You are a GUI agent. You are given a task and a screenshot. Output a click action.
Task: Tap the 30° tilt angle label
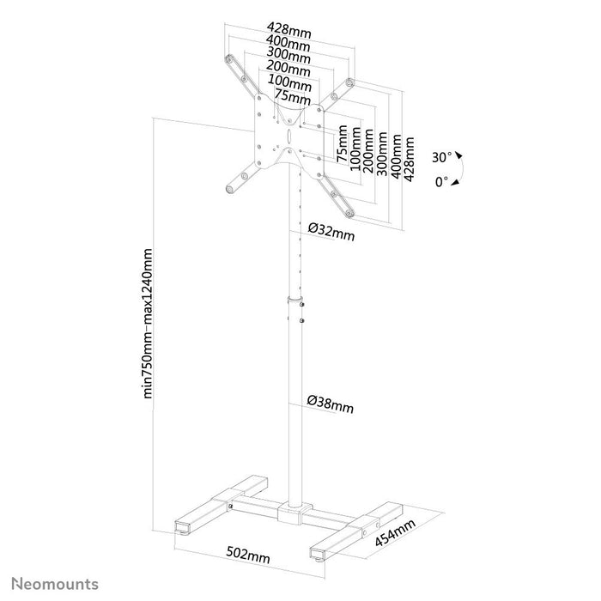click(441, 158)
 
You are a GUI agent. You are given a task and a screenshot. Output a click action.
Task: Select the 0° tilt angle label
click(441, 182)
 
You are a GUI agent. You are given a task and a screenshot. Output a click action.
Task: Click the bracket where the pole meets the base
click(293, 513)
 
